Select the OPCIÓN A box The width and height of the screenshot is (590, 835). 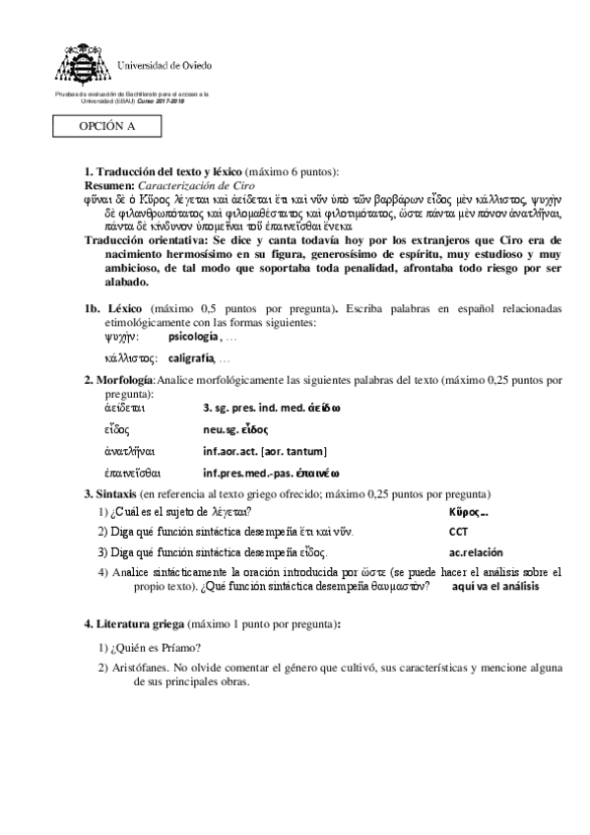tap(107, 127)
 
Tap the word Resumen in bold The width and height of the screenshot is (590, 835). tap(108, 184)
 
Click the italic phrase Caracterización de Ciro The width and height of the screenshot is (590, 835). tap(197, 184)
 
